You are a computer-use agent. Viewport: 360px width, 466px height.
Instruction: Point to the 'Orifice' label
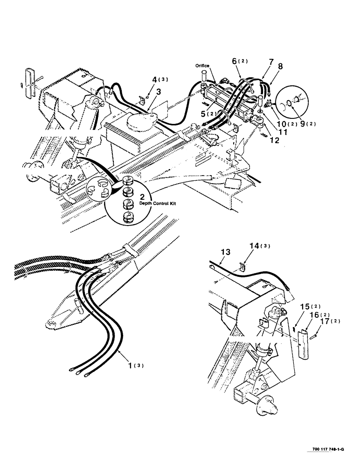(202, 66)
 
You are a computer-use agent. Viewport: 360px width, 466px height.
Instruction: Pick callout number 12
(275, 139)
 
